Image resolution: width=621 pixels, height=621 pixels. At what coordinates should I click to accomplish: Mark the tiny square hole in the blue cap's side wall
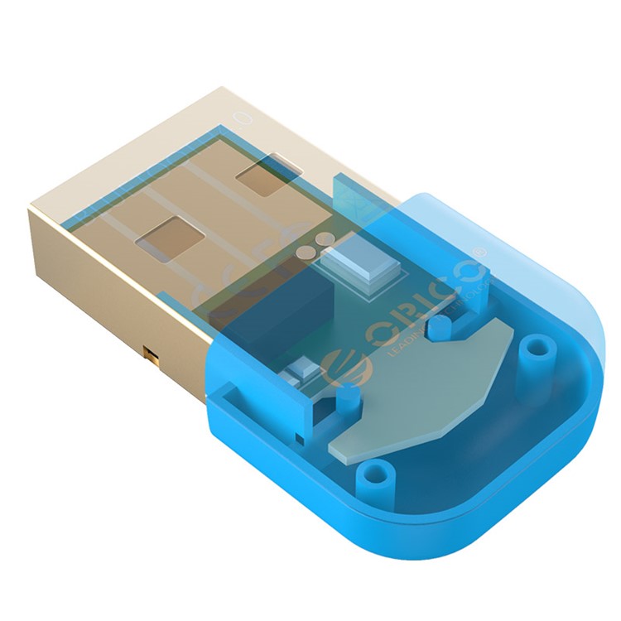[x=296, y=436]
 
